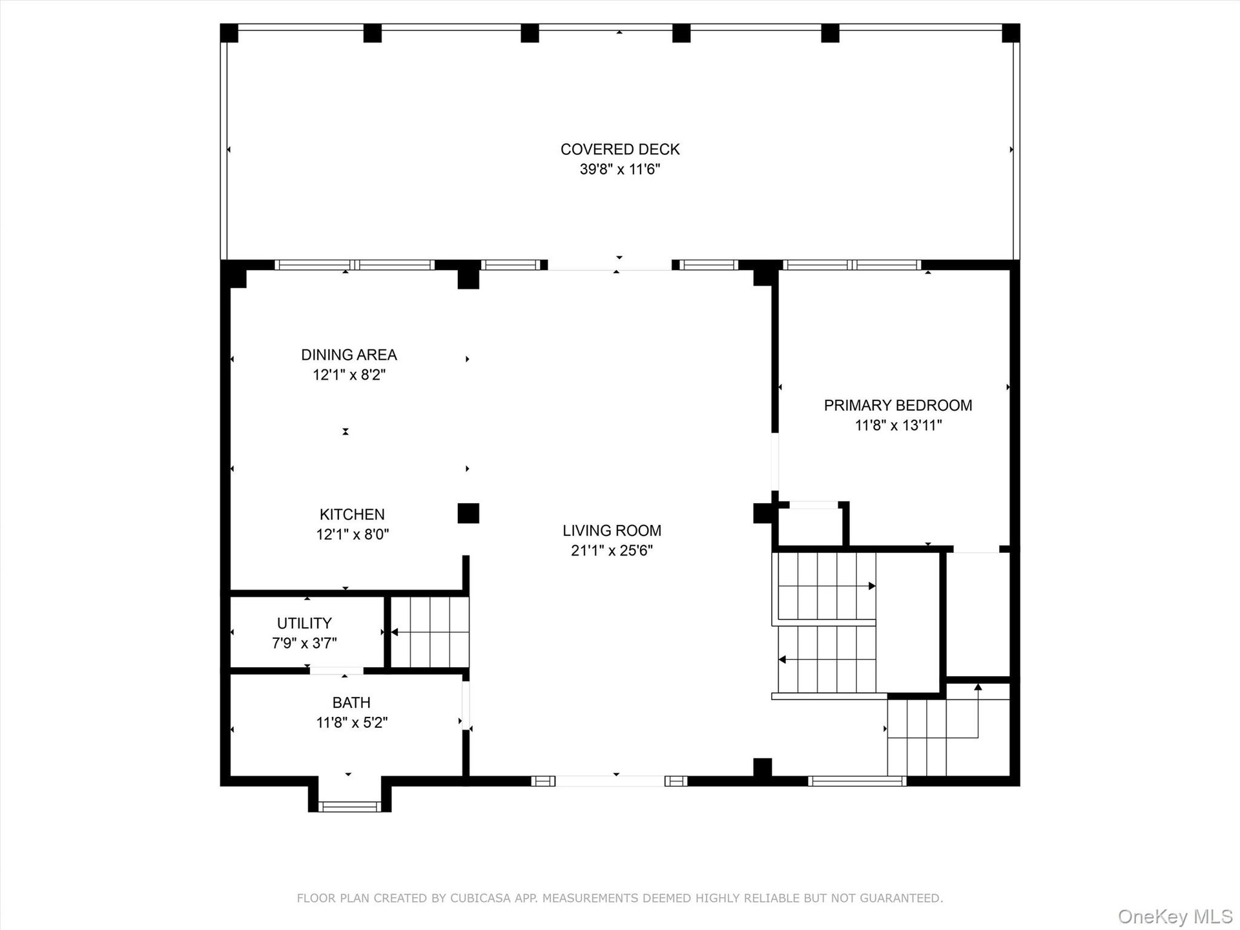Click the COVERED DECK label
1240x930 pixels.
pos(620,149)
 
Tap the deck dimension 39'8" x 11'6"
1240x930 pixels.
pos(620,169)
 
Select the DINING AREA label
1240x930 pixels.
pos(349,355)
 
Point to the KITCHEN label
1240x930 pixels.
pos(352,514)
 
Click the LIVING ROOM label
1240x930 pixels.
pos(612,530)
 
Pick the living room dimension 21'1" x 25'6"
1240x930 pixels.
pos(612,550)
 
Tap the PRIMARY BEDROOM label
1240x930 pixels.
pos(898,405)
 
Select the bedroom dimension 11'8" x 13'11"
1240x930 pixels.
pos(898,425)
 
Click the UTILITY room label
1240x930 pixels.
pos(304,623)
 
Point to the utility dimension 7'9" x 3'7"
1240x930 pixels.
pos(304,643)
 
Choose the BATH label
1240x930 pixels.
pos(351,702)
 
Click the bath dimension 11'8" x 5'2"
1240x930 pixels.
pos(351,722)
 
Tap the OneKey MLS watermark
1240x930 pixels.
pos(1175,916)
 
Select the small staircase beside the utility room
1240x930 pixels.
pos(430,632)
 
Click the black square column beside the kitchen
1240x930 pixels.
pos(468,513)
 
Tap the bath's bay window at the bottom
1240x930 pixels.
pos(349,805)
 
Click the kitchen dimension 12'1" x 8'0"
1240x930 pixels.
pos(352,534)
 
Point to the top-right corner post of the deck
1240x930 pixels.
pos(1011,33)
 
